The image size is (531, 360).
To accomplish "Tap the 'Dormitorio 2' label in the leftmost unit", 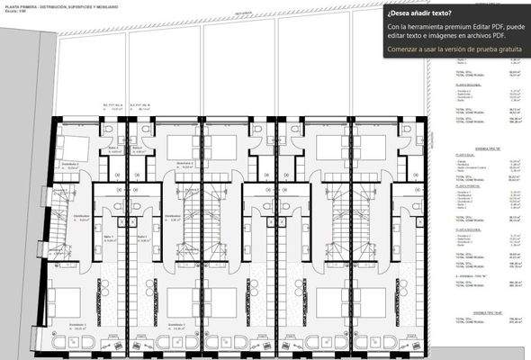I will click(70, 165).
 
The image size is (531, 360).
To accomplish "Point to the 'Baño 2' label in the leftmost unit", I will click(112, 149).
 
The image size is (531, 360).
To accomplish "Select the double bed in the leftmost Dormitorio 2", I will click(71, 145).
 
